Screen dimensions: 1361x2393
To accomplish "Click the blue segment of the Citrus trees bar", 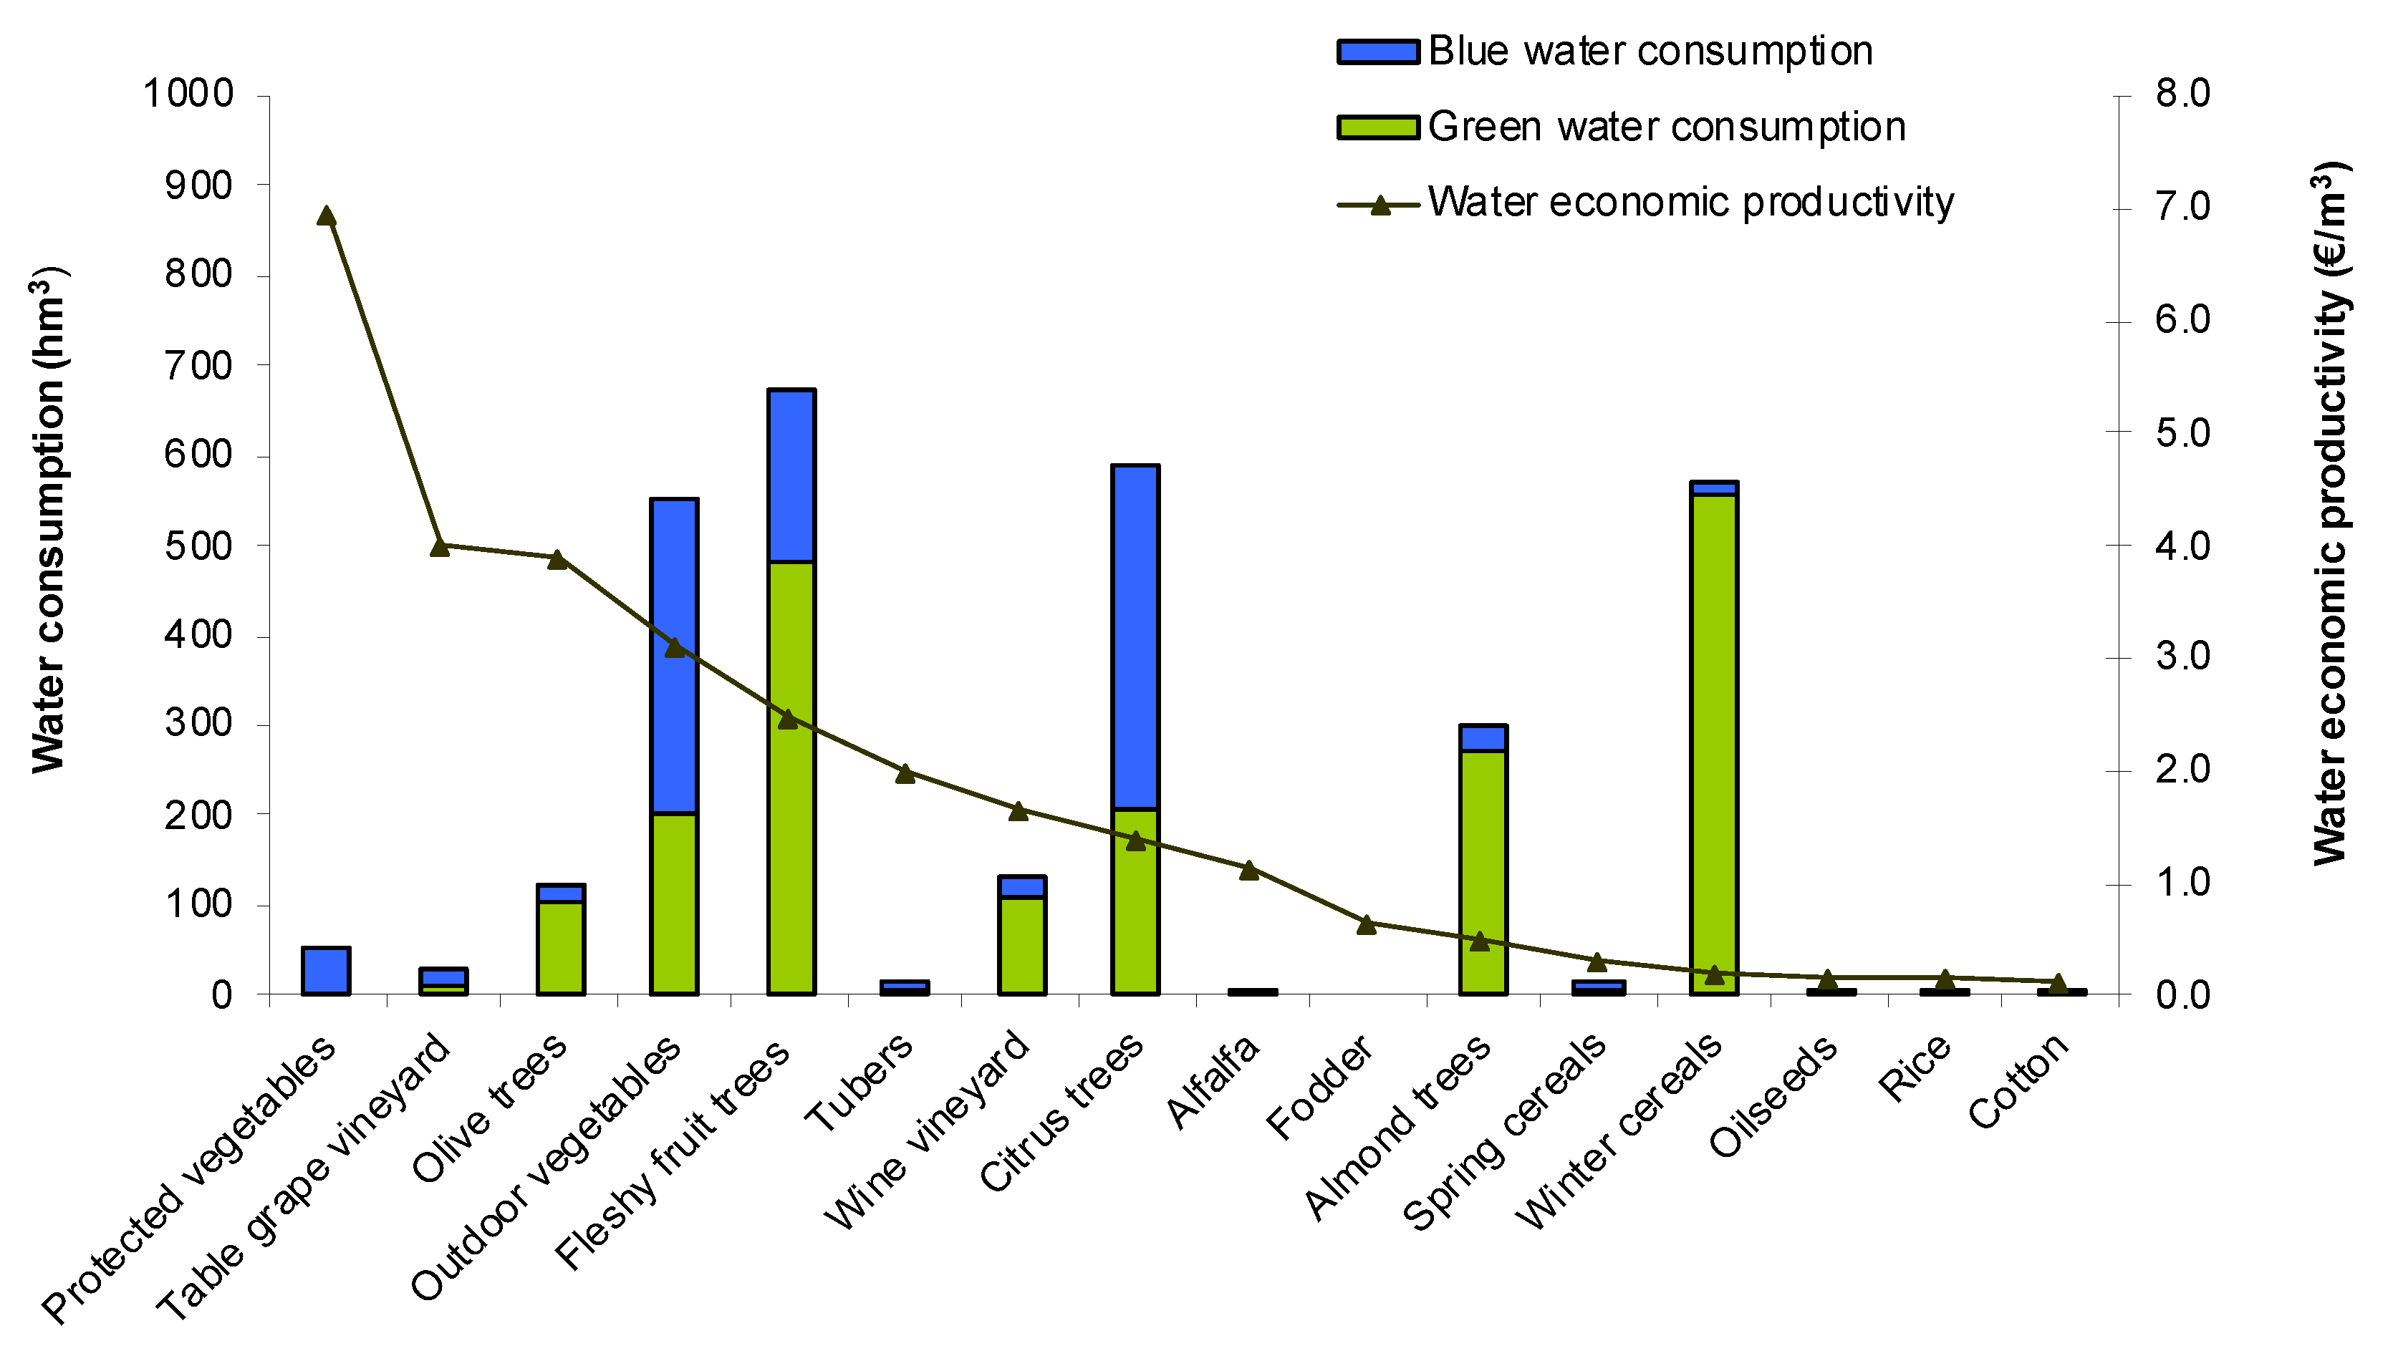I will (x=1135, y=636).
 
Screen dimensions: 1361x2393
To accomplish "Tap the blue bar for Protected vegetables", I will (x=325, y=970).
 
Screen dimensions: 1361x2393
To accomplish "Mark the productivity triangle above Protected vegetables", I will (x=325, y=216).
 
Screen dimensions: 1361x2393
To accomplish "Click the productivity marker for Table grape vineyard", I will (x=440, y=546).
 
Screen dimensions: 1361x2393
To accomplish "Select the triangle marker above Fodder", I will (x=1365, y=924).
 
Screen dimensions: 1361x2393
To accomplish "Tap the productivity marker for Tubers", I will (x=905, y=773).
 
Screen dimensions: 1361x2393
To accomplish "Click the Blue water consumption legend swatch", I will (x=1377, y=52).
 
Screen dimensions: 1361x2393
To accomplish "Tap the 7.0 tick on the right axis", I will (x=2182, y=207).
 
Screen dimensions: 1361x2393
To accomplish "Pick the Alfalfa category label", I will (x=1212, y=1082).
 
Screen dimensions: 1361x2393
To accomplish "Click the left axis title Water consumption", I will (x=49, y=520).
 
